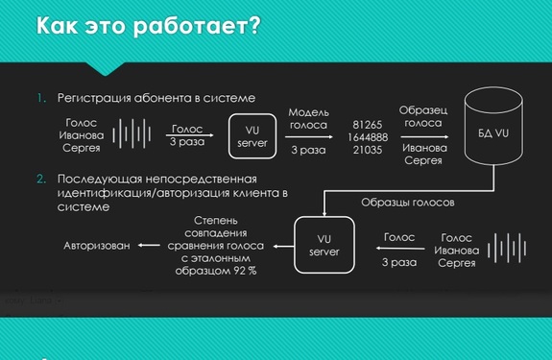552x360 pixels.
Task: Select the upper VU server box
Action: pos(252,135)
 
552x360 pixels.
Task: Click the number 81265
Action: pos(367,125)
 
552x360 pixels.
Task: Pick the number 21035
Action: pos(367,150)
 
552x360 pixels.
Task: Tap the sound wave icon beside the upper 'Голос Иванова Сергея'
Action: pos(132,134)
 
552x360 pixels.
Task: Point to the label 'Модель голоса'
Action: pos(308,118)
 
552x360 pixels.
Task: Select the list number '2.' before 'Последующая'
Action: pos(41,179)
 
